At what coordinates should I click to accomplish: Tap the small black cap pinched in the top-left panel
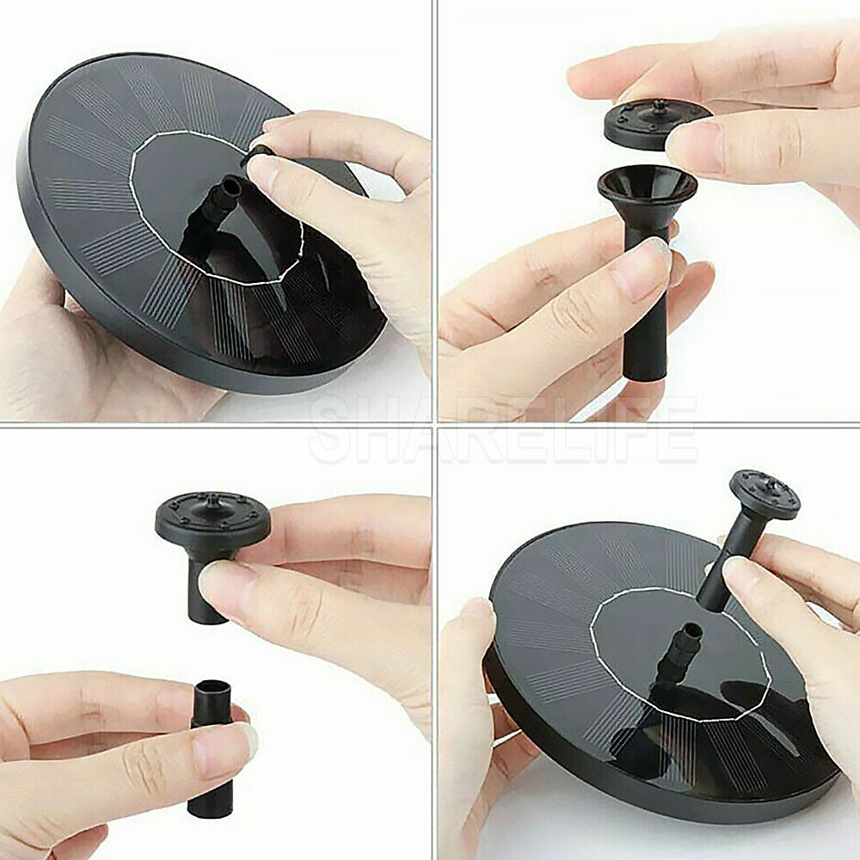(259, 156)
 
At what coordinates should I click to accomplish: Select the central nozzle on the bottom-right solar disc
(687, 641)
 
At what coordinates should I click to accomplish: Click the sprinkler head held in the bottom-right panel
(764, 494)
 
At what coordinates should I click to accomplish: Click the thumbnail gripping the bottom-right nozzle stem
(743, 572)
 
